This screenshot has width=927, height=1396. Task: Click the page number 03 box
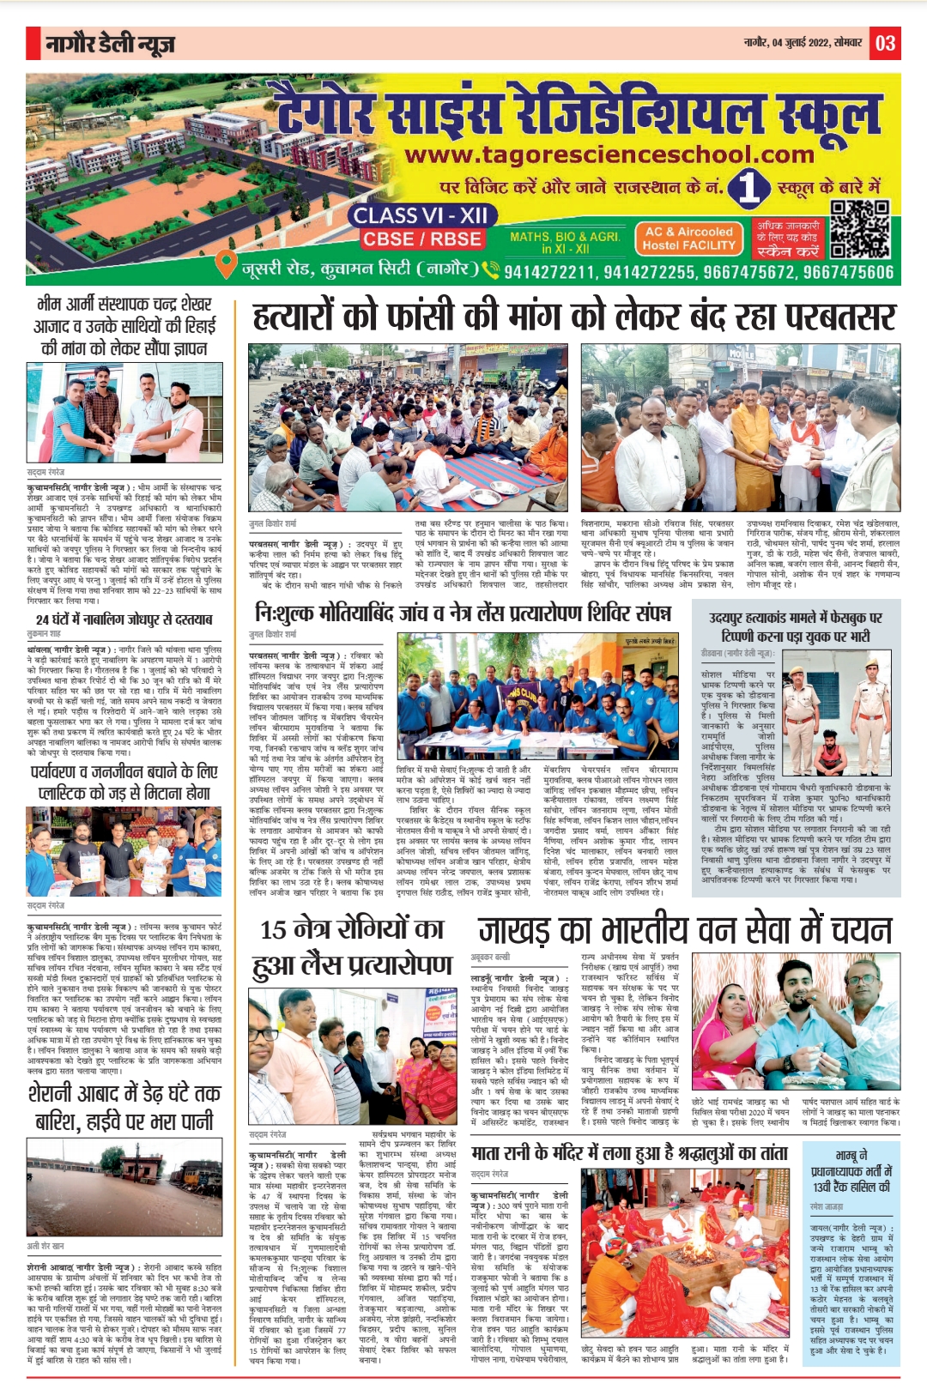[886, 43]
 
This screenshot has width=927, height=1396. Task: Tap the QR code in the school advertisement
[860, 229]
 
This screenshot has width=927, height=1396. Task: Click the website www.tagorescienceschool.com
[609, 155]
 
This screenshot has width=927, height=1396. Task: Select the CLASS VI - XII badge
[420, 215]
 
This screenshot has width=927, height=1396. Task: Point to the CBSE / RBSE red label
[421, 239]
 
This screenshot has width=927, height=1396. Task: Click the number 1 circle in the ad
[748, 187]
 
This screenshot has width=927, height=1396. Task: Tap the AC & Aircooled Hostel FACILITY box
[689, 239]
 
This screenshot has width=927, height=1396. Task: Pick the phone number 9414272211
[549, 272]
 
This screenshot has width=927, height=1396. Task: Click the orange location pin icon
[226, 264]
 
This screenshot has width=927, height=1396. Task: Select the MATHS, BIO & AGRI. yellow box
[564, 242]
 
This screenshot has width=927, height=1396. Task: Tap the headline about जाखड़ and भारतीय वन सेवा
[685, 930]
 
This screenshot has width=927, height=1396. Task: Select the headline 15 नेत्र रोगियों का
[352, 929]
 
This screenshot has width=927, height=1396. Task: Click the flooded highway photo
[124, 1188]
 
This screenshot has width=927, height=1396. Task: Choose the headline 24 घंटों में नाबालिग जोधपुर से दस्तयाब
[124, 619]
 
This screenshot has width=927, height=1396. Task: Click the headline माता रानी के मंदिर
[629, 1153]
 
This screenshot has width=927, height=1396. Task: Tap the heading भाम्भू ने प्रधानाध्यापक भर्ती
[851, 1170]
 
